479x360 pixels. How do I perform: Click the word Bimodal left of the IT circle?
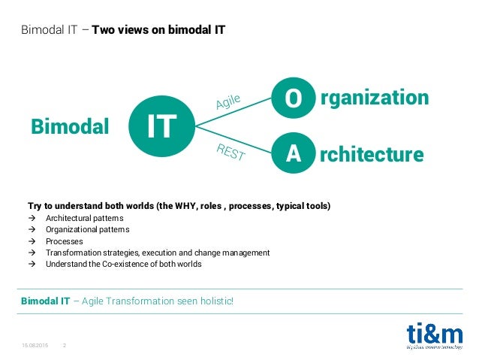(x=70, y=127)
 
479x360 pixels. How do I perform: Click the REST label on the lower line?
(x=230, y=153)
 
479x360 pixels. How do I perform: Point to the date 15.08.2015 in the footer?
(x=35, y=346)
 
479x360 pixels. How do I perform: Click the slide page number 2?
(x=64, y=346)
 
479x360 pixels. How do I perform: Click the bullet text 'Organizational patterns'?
(x=87, y=229)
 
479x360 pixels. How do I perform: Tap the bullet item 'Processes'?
(x=65, y=241)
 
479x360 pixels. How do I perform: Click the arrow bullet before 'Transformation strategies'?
(x=32, y=253)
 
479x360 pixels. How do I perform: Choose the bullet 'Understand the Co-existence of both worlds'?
(x=123, y=264)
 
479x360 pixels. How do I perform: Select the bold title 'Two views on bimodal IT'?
(x=158, y=31)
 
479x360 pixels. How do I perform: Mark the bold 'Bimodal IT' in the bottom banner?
(x=45, y=301)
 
